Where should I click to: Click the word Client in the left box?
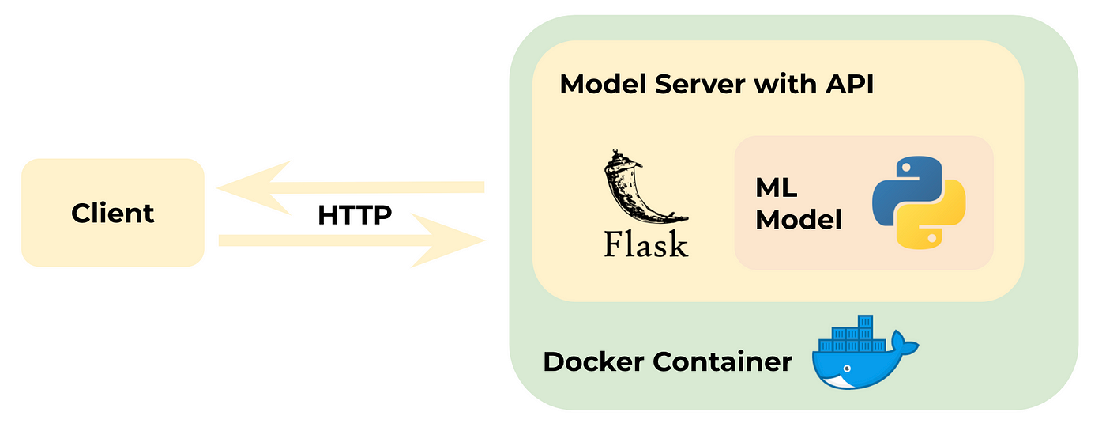[x=112, y=213]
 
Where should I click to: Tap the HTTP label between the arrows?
[x=355, y=214]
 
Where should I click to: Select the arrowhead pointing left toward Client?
[x=245, y=188]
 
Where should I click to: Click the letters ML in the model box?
[x=776, y=188]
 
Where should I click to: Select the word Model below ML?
[x=798, y=219]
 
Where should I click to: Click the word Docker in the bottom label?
[x=593, y=362]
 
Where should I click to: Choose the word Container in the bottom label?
[x=722, y=362]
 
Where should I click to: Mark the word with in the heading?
[x=785, y=84]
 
